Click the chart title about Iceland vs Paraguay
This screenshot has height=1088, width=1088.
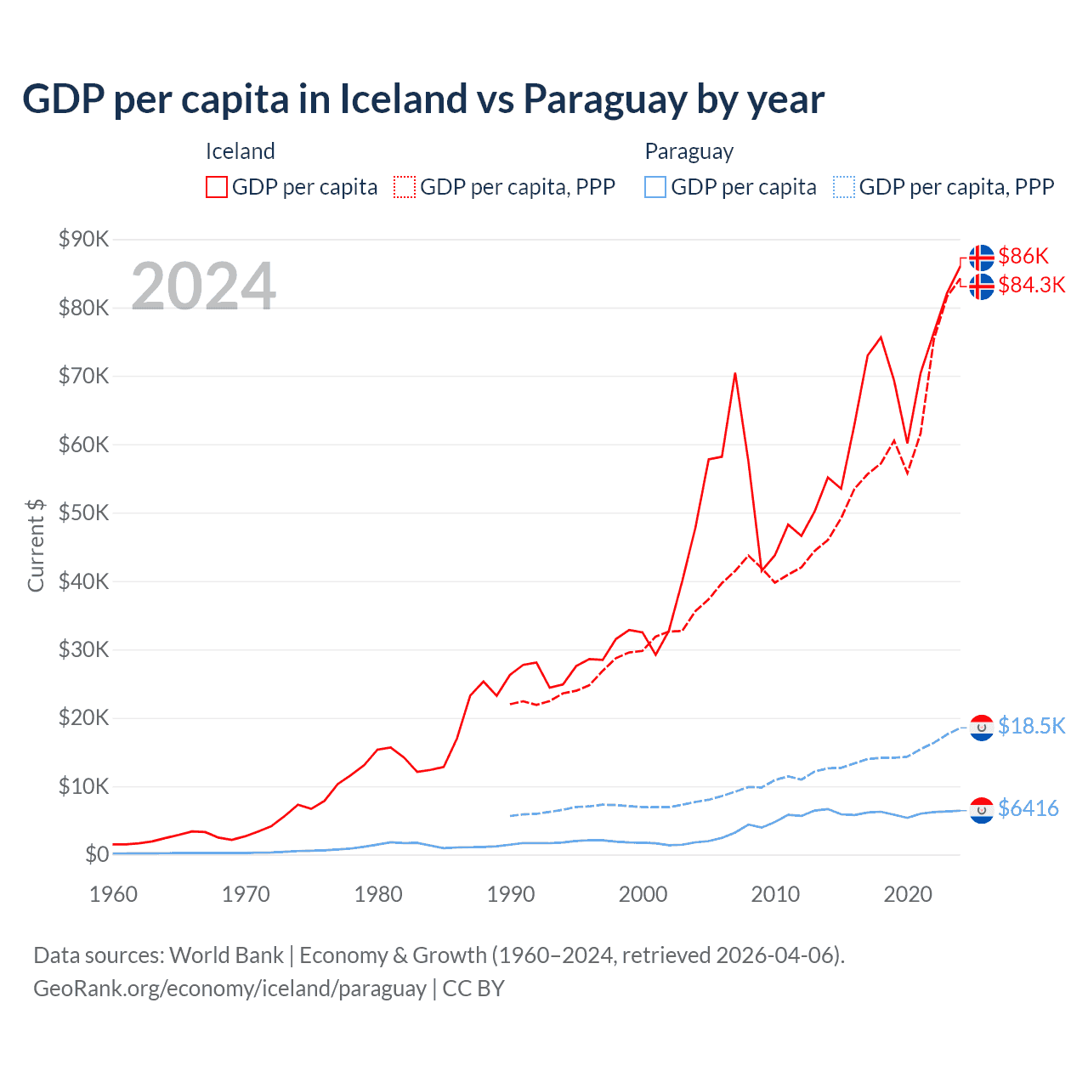coord(422,99)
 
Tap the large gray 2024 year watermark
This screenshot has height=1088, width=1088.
coord(203,286)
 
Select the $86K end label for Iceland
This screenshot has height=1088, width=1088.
coord(1023,256)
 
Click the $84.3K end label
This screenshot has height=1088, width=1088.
coord(1031,285)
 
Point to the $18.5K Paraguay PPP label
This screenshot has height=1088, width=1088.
coord(1031,725)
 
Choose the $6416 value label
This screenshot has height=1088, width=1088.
coord(1028,808)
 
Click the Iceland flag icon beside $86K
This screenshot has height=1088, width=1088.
coord(982,257)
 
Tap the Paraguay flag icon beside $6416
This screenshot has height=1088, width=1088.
coord(982,811)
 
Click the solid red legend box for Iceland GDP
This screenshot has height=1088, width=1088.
coord(217,187)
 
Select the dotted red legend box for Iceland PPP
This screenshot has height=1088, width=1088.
coord(405,187)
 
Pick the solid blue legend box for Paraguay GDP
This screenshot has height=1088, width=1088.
coord(655,187)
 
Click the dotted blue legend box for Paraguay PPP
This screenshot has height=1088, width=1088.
coord(844,187)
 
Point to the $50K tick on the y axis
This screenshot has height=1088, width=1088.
coord(83,513)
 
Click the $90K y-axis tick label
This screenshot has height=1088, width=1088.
coord(83,239)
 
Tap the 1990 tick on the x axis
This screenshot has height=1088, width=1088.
coord(511,894)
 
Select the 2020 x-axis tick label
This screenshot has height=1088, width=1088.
coord(908,894)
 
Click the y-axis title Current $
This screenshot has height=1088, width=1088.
coord(36,546)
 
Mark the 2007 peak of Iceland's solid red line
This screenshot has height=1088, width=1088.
coord(735,373)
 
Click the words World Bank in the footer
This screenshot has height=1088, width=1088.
coord(226,955)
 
